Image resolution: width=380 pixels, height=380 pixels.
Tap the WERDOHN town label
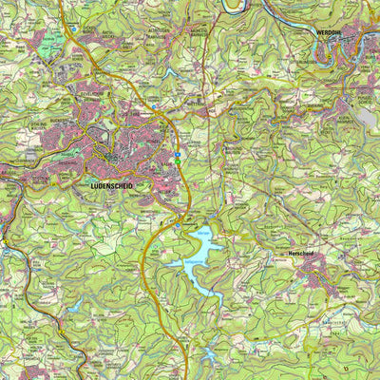(x=327, y=31)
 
